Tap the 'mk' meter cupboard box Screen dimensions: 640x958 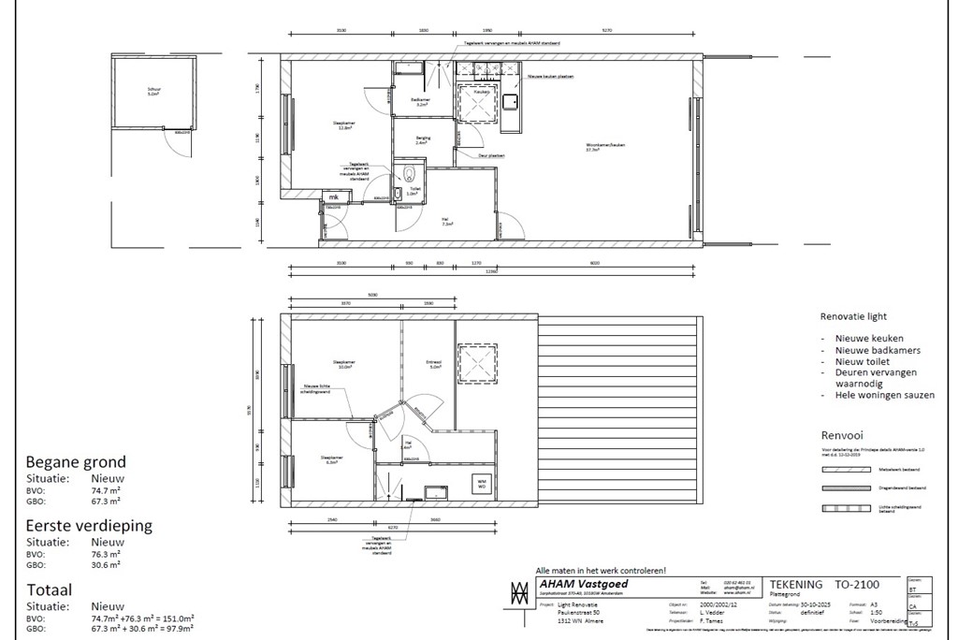point(333,197)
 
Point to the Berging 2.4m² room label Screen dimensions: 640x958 point(423,139)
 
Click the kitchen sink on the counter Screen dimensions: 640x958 point(511,100)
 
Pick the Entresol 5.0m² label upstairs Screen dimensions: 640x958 point(434,365)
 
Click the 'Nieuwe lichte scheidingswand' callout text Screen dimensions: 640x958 point(316,388)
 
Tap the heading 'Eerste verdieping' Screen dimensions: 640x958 point(89,526)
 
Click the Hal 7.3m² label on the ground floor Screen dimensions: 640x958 point(447,222)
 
